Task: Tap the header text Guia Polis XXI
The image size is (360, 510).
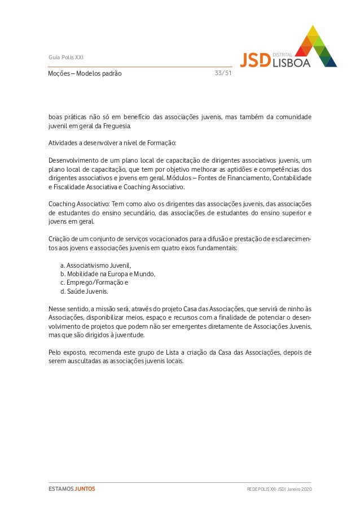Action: coord(66,57)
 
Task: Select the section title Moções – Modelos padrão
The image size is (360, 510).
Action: coord(85,73)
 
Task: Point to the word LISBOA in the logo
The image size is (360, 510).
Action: coord(291,62)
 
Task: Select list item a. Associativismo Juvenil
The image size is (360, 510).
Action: coord(95,265)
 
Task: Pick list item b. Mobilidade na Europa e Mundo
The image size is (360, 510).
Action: coord(107,274)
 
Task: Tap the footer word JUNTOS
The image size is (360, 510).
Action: coord(85,488)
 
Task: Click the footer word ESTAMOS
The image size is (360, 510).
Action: coord(61,488)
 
